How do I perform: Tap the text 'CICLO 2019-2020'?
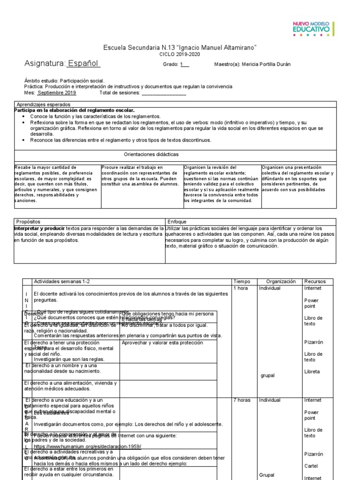(180, 55)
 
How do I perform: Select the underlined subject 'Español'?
(83, 64)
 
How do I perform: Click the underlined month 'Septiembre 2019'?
(57, 93)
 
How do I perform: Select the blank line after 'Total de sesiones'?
(164, 93)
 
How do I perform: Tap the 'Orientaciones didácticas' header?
(151, 154)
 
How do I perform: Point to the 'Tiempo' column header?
(242, 281)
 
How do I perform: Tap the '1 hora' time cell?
(241, 288)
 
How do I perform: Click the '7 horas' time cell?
(242, 400)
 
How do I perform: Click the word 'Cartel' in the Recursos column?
(311, 466)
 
